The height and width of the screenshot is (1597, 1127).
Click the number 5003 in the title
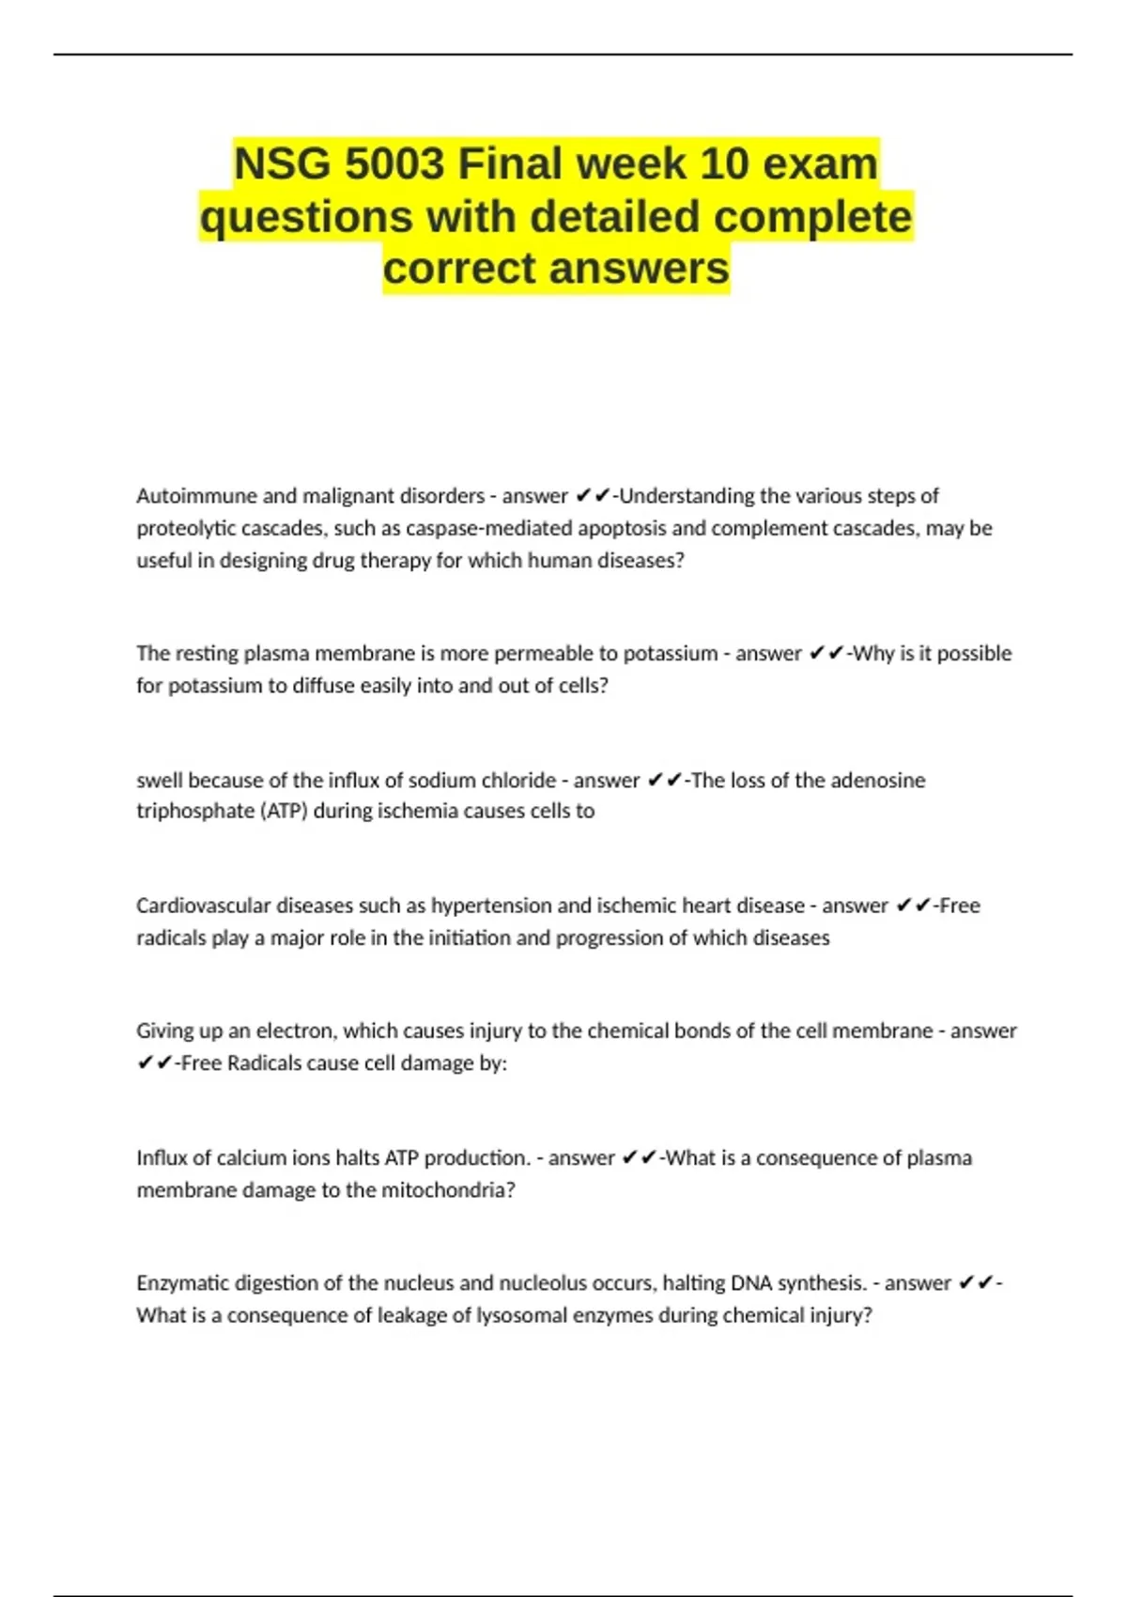394,164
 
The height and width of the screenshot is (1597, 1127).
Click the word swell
160,780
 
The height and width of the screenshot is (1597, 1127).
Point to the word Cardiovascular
200,906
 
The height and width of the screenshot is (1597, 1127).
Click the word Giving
165,1031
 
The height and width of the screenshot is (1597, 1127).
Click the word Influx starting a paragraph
162,1157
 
